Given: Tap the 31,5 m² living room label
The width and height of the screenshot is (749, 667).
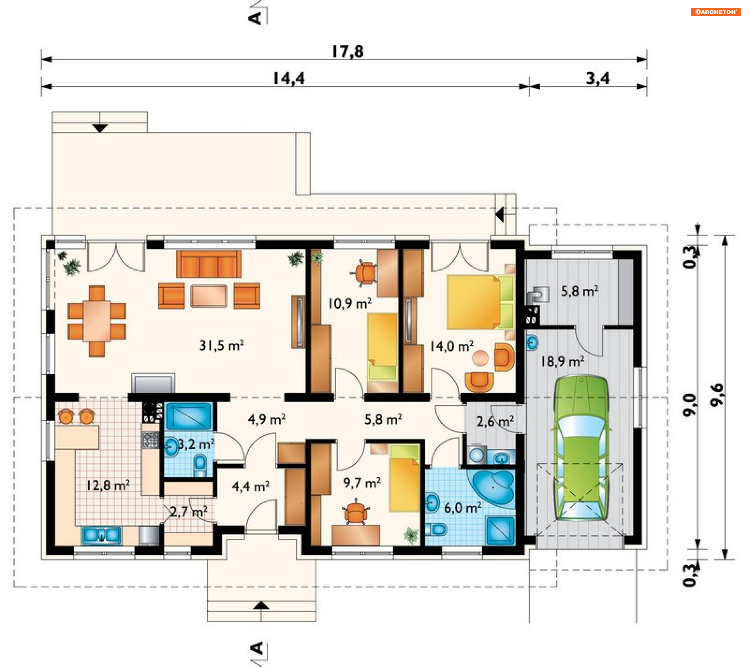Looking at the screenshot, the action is pos(222,345).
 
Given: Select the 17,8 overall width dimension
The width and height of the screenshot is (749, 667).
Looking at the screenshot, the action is pos(348,51).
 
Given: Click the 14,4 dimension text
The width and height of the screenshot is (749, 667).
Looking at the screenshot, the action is pos(289,79).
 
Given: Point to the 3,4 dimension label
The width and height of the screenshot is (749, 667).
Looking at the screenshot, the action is pos(598,79).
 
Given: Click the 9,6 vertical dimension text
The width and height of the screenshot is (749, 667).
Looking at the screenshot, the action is pos(717,395).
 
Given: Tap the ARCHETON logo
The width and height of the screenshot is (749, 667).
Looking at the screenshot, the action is pos(716,12).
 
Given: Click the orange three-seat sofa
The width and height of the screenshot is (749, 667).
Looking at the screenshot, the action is pos(209,264).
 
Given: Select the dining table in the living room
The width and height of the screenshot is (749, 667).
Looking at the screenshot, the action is pos(96,322).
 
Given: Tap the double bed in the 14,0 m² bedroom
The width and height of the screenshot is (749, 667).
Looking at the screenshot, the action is pos(480,302).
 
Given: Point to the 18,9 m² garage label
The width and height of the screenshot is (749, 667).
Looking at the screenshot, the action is pos(562,361).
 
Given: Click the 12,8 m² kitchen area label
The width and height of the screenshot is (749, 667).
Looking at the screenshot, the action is pos(108,485).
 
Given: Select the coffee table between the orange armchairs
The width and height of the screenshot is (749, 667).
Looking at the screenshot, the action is pos(209,296).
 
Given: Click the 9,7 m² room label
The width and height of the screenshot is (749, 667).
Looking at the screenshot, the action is pos(362,483).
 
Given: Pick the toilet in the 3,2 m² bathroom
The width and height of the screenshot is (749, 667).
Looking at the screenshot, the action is pos(200,465).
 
